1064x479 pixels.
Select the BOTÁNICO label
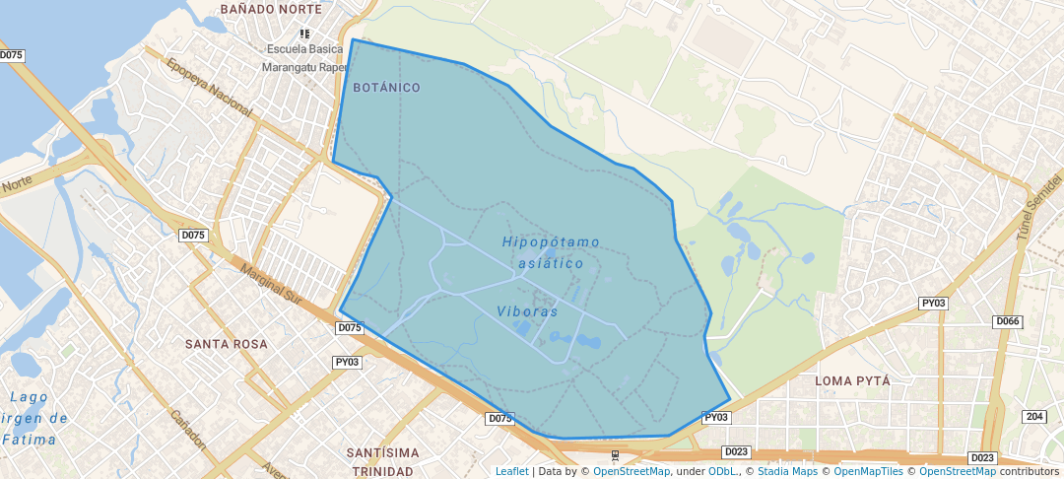point(387,88)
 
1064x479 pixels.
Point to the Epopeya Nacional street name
point(210,87)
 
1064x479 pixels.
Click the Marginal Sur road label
point(269,283)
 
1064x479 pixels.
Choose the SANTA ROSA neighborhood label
point(226,344)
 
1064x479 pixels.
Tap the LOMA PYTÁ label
point(852,380)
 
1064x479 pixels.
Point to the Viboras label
point(527,311)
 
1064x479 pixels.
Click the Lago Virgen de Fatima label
point(35,419)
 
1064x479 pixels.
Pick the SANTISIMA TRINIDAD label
point(382,462)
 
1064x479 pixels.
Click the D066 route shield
point(1008,322)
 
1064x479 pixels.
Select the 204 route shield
point(1034,417)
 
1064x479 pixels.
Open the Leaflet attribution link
point(511,471)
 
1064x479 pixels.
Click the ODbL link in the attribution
point(722,471)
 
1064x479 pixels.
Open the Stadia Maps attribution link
point(787,471)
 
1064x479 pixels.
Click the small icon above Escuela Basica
point(305,34)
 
